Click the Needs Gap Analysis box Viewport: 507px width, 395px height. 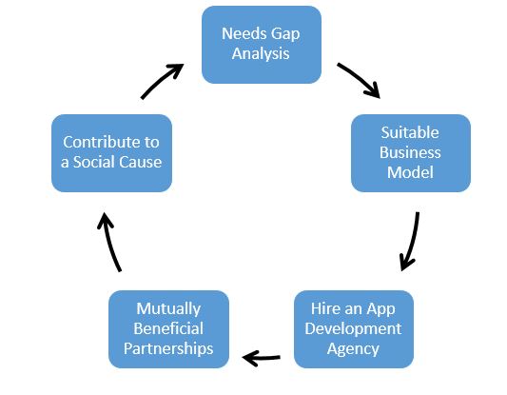coord(261,44)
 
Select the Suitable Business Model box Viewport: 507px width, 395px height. coord(410,152)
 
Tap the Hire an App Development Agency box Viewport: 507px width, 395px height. coord(353,329)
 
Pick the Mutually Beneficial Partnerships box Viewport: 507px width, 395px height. coord(168,329)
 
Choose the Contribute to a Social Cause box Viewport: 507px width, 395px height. coord(111,152)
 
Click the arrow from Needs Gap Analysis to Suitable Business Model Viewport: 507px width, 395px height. coord(359,81)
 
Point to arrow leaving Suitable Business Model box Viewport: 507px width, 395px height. coord(410,241)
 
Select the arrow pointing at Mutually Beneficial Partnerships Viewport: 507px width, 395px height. coord(262,357)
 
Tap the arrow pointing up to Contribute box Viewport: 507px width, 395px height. coord(111,242)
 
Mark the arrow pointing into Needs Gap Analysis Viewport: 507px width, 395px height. coord(162,81)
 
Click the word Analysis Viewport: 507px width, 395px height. coord(261,53)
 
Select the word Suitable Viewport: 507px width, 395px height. coord(410,132)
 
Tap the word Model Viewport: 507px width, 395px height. coord(410,172)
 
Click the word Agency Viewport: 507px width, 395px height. coord(353,348)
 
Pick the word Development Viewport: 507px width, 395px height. coord(353,329)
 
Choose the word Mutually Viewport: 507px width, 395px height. coord(168,309)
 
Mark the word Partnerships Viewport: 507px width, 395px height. coord(168,348)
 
